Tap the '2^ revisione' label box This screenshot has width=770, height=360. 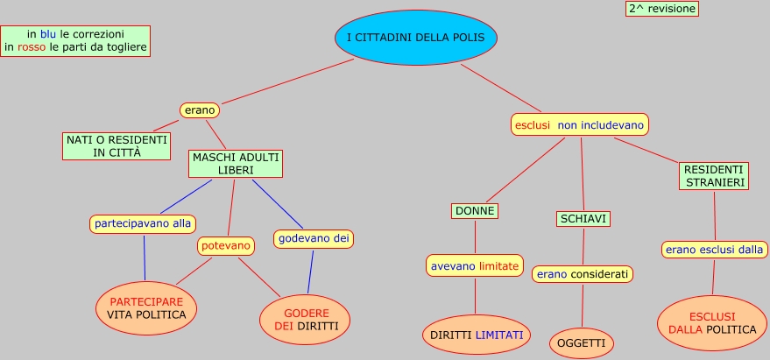661,9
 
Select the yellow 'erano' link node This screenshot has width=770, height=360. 199,110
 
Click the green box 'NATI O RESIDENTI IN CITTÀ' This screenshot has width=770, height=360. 117,145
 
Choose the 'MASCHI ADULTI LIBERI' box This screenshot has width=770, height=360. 235,163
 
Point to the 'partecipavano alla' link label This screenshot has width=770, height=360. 143,223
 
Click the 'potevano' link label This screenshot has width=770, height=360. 226,246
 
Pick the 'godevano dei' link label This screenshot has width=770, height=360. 314,237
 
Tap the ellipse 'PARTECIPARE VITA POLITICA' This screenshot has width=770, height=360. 146,308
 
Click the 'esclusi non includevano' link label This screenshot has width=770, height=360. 580,125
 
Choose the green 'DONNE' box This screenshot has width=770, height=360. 475,211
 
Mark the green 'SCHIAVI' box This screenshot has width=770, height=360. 583,219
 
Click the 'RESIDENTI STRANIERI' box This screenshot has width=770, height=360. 714,176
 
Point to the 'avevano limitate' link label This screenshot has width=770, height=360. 475,265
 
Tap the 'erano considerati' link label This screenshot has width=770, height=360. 583,274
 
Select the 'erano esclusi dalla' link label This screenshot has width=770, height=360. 714,250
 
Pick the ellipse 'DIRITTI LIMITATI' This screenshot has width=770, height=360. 477,335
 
